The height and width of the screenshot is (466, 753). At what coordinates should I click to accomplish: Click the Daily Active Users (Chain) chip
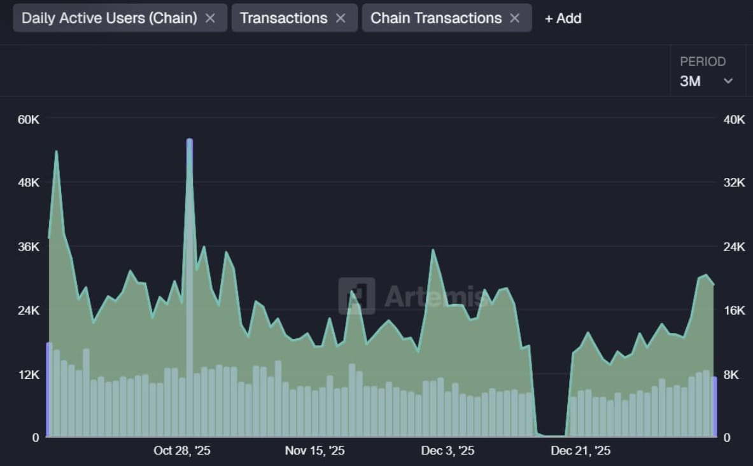pyautogui.click(x=109, y=18)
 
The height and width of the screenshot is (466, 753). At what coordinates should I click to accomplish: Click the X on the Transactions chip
pyautogui.click(x=341, y=18)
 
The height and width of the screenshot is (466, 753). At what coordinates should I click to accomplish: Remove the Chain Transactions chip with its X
pyautogui.click(x=515, y=18)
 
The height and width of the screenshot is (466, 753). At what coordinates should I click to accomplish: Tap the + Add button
pyautogui.click(x=563, y=18)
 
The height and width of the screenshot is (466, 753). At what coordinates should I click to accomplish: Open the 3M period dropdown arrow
pyautogui.click(x=728, y=81)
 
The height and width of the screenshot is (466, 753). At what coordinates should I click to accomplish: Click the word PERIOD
pyautogui.click(x=703, y=62)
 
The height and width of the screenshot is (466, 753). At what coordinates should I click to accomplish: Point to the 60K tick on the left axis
pyautogui.click(x=29, y=120)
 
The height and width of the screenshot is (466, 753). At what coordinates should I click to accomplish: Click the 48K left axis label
pyautogui.click(x=29, y=183)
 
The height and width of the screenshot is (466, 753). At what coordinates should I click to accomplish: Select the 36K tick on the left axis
pyautogui.click(x=29, y=247)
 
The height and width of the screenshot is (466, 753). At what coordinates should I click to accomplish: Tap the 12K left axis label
pyautogui.click(x=29, y=374)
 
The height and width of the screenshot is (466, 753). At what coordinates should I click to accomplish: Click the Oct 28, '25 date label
pyautogui.click(x=182, y=451)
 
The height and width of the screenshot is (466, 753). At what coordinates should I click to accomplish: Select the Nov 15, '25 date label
pyautogui.click(x=314, y=451)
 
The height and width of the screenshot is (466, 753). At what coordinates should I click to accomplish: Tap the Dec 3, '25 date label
pyautogui.click(x=447, y=451)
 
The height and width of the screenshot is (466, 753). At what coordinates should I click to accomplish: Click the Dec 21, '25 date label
pyautogui.click(x=581, y=451)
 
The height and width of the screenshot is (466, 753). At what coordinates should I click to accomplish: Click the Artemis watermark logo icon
pyautogui.click(x=356, y=296)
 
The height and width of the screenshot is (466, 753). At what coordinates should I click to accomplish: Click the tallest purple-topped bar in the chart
pyautogui.click(x=190, y=286)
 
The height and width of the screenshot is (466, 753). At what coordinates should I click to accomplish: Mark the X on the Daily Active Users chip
pyautogui.click(x=210, y=18)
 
